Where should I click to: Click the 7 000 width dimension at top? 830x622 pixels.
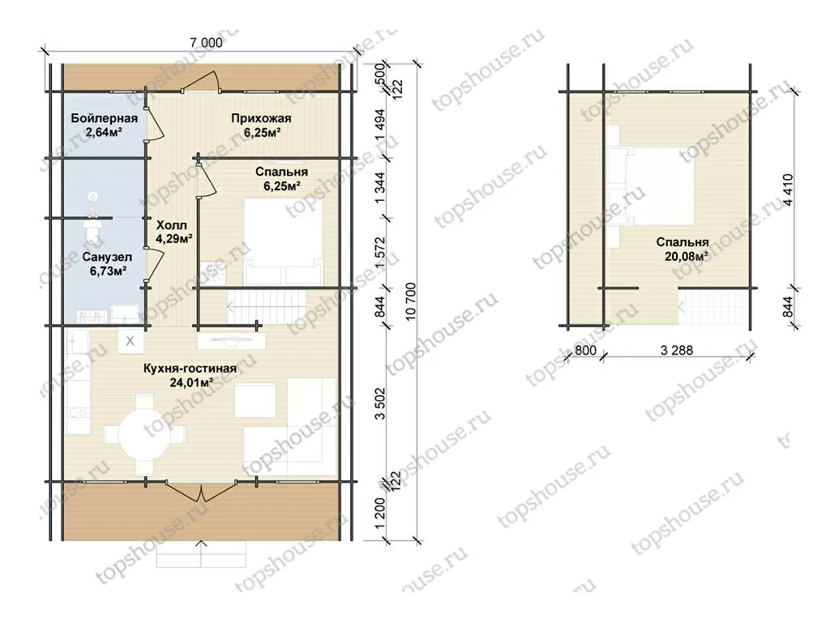(207, 42)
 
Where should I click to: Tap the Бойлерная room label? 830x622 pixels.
(105, 118)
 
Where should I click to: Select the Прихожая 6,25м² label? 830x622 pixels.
(262, 126)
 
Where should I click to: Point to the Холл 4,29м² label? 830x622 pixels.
(173, 232)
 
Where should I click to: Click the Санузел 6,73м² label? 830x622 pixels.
(108, 264)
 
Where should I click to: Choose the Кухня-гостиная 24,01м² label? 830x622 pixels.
(190, 375)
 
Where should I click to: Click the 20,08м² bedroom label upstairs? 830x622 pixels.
(682, 249)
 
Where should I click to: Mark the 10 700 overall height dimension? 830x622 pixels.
(411, 301)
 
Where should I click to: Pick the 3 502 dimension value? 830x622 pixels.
(380, 403)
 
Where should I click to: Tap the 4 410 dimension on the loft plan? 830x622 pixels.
(788, 190)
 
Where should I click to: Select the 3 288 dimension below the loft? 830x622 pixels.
(677, 350)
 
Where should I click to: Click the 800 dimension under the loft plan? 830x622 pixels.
(585, 350)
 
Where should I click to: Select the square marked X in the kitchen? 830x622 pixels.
(130, 341)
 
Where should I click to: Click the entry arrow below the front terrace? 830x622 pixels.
(201, 553)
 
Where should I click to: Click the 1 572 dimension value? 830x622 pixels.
(380, 252)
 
